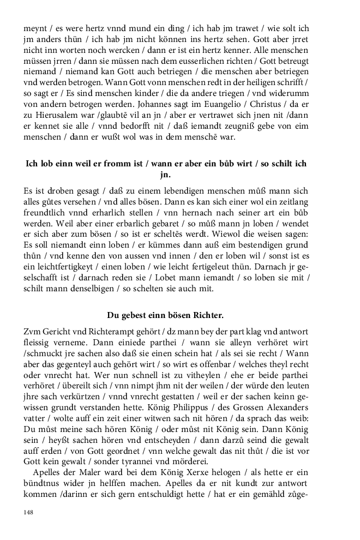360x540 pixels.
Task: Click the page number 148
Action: [29, 512]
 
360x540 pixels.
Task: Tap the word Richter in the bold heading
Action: [203, 315]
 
